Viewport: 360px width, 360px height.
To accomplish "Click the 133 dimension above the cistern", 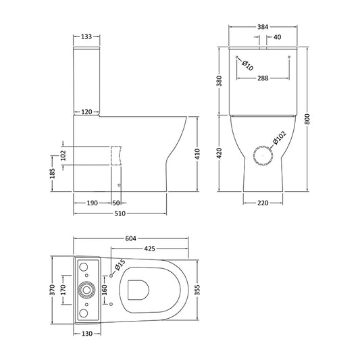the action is [x=86, y=36].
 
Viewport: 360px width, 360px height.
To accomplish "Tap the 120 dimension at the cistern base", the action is [x=86, y=112].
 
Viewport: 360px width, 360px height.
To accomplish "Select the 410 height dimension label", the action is [x=197, y=154].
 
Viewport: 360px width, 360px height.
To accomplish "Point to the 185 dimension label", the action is [x=53, y=174].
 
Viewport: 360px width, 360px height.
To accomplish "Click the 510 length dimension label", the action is [x=120, y=213].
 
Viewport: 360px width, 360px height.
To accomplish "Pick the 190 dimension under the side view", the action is [x=92, y=203].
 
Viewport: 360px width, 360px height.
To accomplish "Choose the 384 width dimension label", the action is [x=263, y=27].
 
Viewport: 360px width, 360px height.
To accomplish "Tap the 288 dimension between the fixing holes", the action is [x=263, y=78].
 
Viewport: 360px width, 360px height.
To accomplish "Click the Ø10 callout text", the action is [x=247, y=66].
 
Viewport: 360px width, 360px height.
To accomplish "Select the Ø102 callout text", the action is [x=279, y=138].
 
